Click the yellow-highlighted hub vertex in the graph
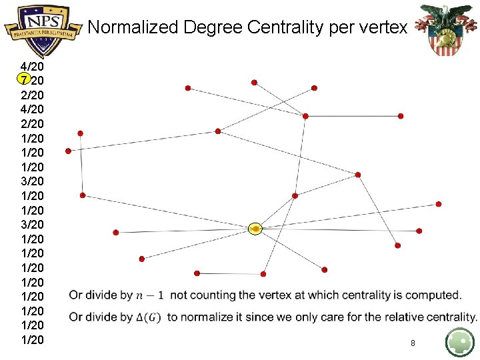pos(256,229)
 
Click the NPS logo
pos(41,28)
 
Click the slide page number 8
pos(413,343)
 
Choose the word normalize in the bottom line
pos(205,317)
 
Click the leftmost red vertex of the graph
pos(68,151)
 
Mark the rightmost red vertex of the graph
pos(439,204)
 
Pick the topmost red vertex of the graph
pos(254,83)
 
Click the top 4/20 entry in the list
pos(33,67)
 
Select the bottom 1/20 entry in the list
pos(33,340)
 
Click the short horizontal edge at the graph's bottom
pos(230,273)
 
